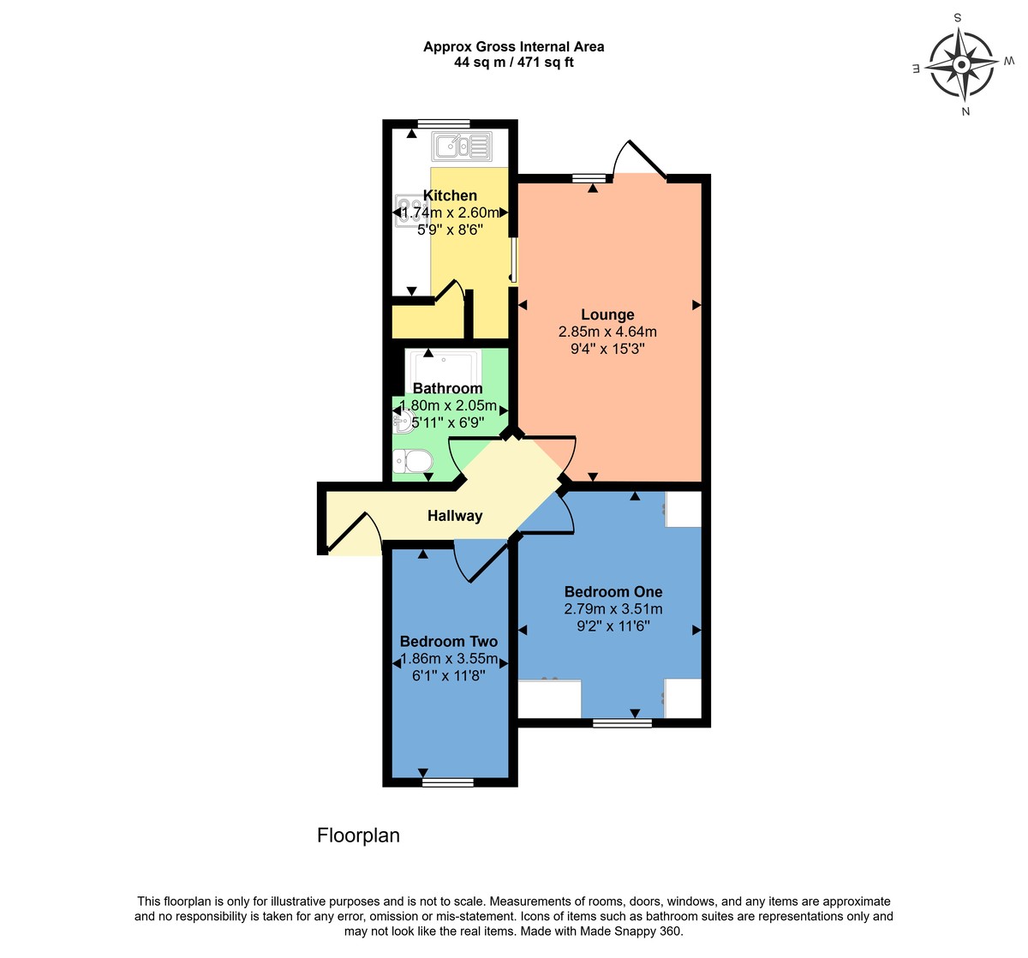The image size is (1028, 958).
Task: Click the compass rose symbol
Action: click(962, 64)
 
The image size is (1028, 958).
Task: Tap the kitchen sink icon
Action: click(462, 146)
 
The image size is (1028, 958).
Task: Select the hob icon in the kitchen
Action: click(404, 212)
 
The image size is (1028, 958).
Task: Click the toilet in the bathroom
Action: click(412, 462)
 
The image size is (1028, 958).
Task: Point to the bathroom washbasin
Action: click(402, 421)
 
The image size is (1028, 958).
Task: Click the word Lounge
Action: click(607, 314)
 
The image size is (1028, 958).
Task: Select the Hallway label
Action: click(455, 516)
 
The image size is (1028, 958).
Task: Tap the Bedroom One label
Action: click(613, 591)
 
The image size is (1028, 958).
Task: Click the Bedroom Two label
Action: click(449, 641)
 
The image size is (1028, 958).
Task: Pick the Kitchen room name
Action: click(450, 195)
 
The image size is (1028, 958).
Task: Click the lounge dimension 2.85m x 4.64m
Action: click(607, 332)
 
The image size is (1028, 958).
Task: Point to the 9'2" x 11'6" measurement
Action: click(613, 626)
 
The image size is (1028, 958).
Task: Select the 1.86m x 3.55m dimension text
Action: click(449, 659)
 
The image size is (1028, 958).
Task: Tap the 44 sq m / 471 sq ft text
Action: click(514, 63)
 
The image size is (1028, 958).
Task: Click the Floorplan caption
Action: click(358, 835)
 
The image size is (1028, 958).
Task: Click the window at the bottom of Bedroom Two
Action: click(448, 781)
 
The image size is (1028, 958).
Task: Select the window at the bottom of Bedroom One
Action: click(623, 723)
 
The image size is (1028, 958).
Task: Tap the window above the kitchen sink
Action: click(444, 123)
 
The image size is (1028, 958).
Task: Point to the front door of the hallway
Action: click(350, 533)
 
